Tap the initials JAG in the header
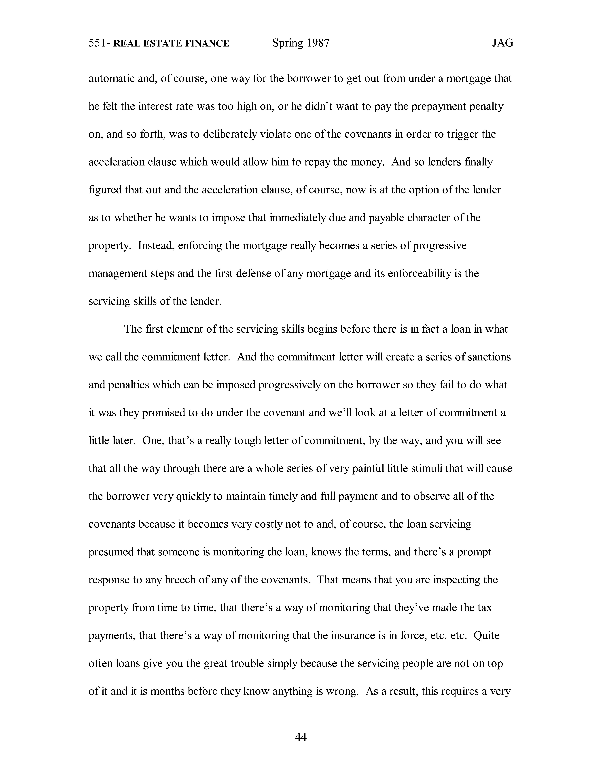(x=502, y=43)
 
